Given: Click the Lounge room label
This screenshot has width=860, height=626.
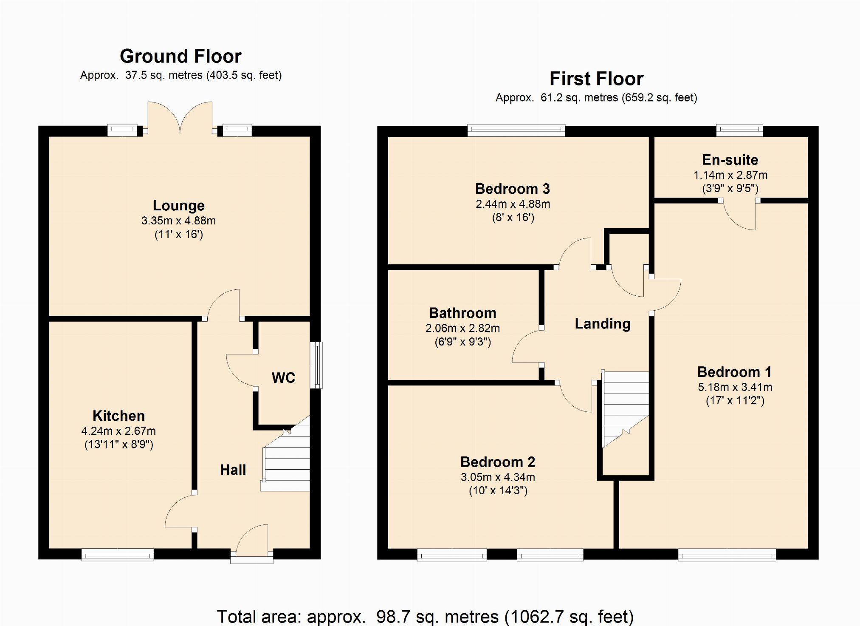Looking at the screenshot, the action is pos(179,206).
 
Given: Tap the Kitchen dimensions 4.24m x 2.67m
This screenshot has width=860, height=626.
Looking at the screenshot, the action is pos(118,431).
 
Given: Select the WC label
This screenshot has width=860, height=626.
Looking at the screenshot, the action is pos(283,378).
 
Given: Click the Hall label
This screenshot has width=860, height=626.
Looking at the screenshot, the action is pos(233,470).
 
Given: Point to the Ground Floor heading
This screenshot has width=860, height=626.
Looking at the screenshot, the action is pos(180,56).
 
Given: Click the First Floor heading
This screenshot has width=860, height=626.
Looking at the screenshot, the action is pos(596,79).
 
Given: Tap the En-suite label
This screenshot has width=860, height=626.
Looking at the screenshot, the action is pos(730,160).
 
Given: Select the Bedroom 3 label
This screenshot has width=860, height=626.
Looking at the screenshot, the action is pos(513,189).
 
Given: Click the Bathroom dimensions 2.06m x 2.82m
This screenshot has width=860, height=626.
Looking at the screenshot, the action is pos(462,328).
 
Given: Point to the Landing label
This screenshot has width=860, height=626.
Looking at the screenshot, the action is pos(603,324).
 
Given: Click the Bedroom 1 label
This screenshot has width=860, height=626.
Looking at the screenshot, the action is pos(735,372).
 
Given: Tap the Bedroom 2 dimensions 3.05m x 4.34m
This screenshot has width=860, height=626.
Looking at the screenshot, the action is pos(498,477).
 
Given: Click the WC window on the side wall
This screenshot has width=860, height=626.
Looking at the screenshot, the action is pos(316,365).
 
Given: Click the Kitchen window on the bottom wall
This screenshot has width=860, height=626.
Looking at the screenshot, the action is pos(118,555).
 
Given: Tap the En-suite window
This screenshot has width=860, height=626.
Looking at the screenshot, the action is pos(739,130).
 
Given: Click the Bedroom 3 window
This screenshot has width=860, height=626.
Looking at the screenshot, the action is pos(516,130).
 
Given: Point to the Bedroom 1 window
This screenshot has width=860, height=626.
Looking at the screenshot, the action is pos(727,555).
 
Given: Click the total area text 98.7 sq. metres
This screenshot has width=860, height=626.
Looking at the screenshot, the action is pos(437,617).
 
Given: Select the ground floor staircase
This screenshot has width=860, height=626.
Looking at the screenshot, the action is pos(285,454).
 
